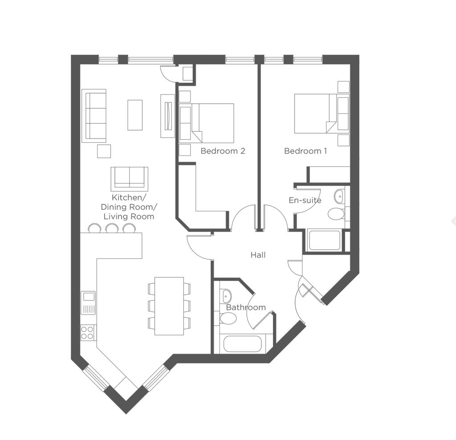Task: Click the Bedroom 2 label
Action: tap(223, 151)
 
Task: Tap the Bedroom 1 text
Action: tap(305, 151)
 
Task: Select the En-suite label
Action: tap(305, 200)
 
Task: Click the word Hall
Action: tap(258, 255)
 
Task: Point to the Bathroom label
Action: tap(246, 307)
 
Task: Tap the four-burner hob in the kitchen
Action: tap(88, 332)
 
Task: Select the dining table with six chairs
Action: tap(169, 306)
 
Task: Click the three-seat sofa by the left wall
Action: tap(94, 115)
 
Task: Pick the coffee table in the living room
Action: tap(135, 115)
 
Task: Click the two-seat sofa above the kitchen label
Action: tap(129, 179)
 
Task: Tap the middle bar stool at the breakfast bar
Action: tap(112, 228)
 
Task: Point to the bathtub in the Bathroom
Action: tap(243, 344)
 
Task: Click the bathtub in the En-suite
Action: tap(325, 240)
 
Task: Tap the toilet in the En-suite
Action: tap(336, 214)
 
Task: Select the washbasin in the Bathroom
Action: tap(227, 295)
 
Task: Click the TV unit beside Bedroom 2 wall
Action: tap(168, 116)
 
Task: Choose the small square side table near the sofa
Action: tap(104, 151)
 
